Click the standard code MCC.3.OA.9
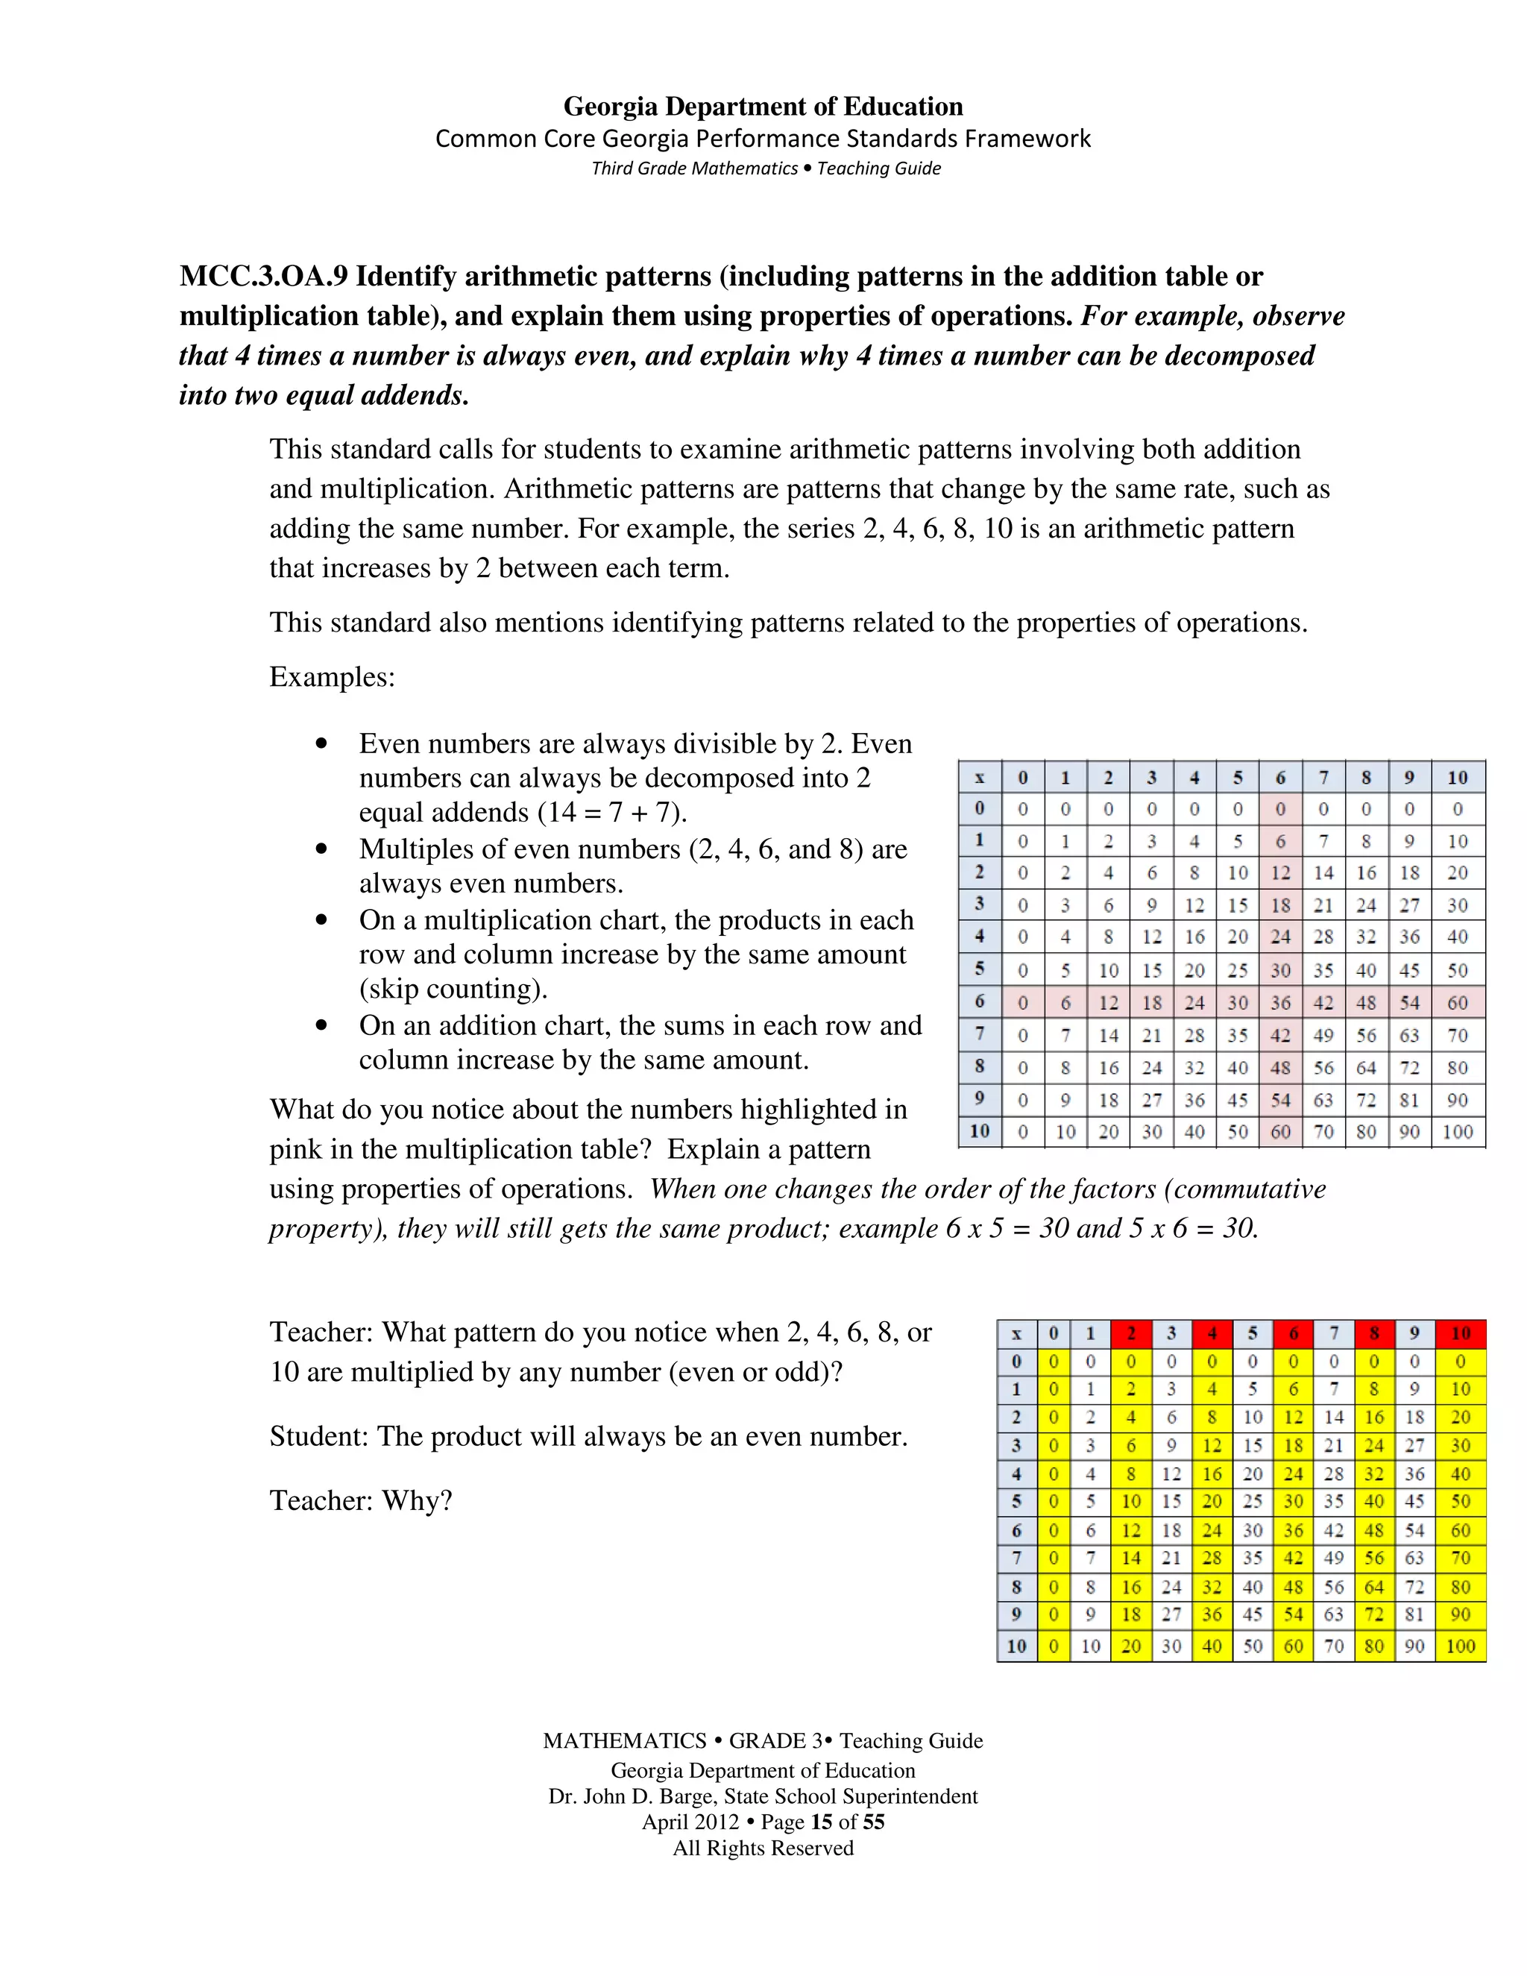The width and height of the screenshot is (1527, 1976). (x=263, y=276)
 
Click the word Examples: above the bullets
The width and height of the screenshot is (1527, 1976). (x=332, y=677)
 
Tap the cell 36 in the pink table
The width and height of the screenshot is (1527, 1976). (x=1280, y=1002)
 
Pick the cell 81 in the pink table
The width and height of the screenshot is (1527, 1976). (x=1409, y=1100)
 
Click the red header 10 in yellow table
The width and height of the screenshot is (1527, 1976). (x=1460, y=1334)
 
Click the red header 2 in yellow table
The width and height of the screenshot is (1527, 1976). (x=1131, y=1334)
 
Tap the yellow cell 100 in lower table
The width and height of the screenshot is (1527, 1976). (x=1460, y=1646)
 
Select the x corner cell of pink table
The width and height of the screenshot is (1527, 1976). (x=980, y=777)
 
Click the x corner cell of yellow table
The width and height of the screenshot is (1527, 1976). (x=1017, y=1334)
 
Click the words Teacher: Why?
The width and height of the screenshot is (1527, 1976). (x=360, y=1501)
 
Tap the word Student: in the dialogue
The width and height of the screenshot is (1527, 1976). (x=318, y=1437)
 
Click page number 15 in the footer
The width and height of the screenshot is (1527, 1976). (x=822, y=1822)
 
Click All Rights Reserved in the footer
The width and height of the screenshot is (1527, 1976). (x=763, y=1848)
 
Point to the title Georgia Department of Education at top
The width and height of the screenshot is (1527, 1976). (x=763, y=107)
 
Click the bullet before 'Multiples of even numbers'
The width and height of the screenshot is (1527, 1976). (x=321, y=849)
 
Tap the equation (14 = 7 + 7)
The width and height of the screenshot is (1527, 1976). (x=612, y=813)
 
